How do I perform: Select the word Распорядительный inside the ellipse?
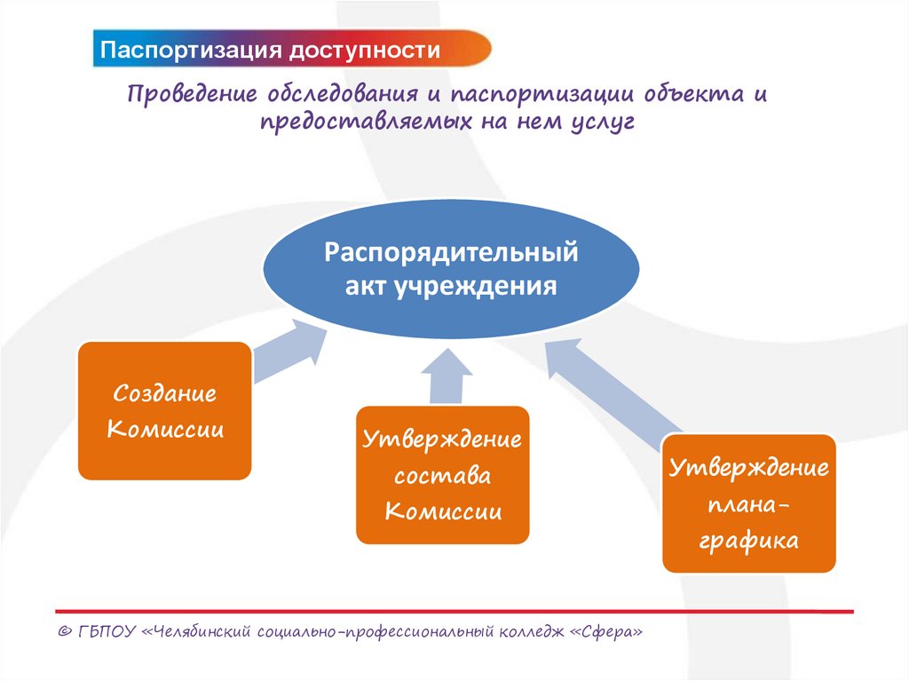[451, 253]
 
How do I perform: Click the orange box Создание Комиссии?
[164, 411]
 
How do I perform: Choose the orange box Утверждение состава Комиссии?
[443, 475]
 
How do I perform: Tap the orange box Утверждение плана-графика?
[749, 503]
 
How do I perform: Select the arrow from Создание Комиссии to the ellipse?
[287, 351]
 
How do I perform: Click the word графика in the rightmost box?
[748, 540]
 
